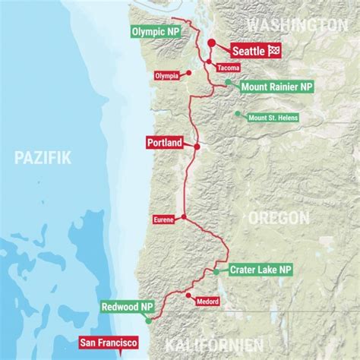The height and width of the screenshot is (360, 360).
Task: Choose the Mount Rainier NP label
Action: tap(276, 87)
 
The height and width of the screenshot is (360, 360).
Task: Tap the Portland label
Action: tap(164, 142)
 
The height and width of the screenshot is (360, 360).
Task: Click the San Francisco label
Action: tap(108, 342)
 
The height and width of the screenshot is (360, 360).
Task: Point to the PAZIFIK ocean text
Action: tap(43, 158)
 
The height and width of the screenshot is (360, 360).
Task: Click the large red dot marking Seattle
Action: tap(210, 43)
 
